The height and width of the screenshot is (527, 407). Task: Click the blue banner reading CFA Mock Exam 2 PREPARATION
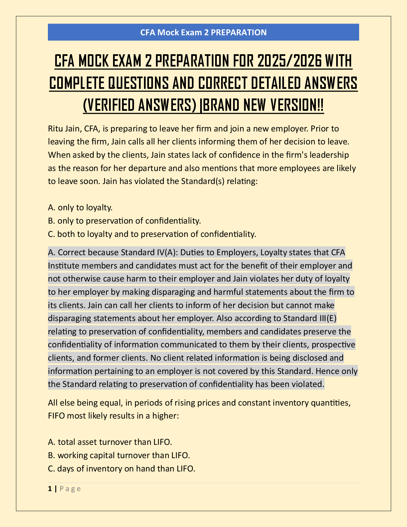coord(203,32)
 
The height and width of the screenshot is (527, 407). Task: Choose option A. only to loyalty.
coord(80,208)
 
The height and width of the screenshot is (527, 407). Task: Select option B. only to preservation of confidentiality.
coord(124,221)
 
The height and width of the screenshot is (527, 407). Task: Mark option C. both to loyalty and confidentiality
coord(152,234)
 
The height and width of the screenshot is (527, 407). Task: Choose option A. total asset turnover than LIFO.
coord(110,442)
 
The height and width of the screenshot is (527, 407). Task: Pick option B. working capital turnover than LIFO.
coord(119,455)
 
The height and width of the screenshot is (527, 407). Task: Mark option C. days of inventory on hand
coord(121,469)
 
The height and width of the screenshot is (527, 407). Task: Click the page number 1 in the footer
coord(50,489)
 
